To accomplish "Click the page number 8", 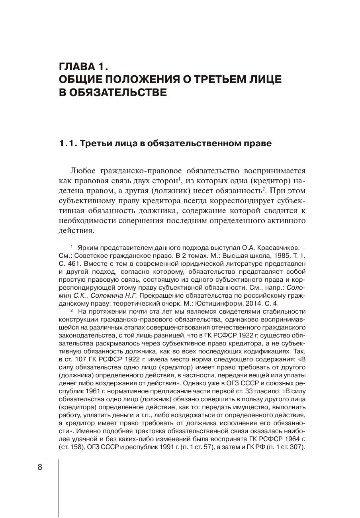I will tap(40, 467).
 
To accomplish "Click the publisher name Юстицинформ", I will tap(227, 303).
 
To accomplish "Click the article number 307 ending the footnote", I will tap(297, 447).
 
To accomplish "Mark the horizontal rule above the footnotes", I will tap(89, 242).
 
